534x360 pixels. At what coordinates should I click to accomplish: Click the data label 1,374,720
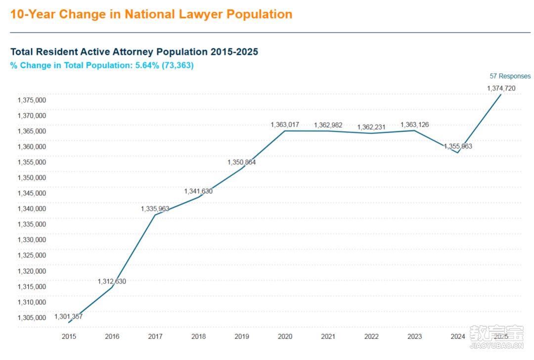point(501,89)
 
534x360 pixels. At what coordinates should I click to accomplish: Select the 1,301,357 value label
point(68,316)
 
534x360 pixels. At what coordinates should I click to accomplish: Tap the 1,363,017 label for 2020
point(285,125)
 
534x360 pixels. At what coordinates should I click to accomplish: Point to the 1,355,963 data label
point(458,146)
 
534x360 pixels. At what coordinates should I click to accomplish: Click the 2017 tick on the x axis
point(155,336)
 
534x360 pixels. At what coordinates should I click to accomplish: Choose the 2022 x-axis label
point(371,336)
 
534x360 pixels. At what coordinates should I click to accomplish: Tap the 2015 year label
point(69,336)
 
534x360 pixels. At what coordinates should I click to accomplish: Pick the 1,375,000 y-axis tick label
point(32,100)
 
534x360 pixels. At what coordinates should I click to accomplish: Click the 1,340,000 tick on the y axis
point(32,209)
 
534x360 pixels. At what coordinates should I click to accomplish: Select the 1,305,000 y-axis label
point(32,317)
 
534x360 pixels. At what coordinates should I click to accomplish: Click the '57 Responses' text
point(510,76)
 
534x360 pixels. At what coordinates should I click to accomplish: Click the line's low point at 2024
point(458,152)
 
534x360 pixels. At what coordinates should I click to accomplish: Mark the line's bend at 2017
point(155,215)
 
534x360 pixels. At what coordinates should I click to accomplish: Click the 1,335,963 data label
point(155,209)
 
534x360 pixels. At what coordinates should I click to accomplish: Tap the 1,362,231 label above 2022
point(371,127)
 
